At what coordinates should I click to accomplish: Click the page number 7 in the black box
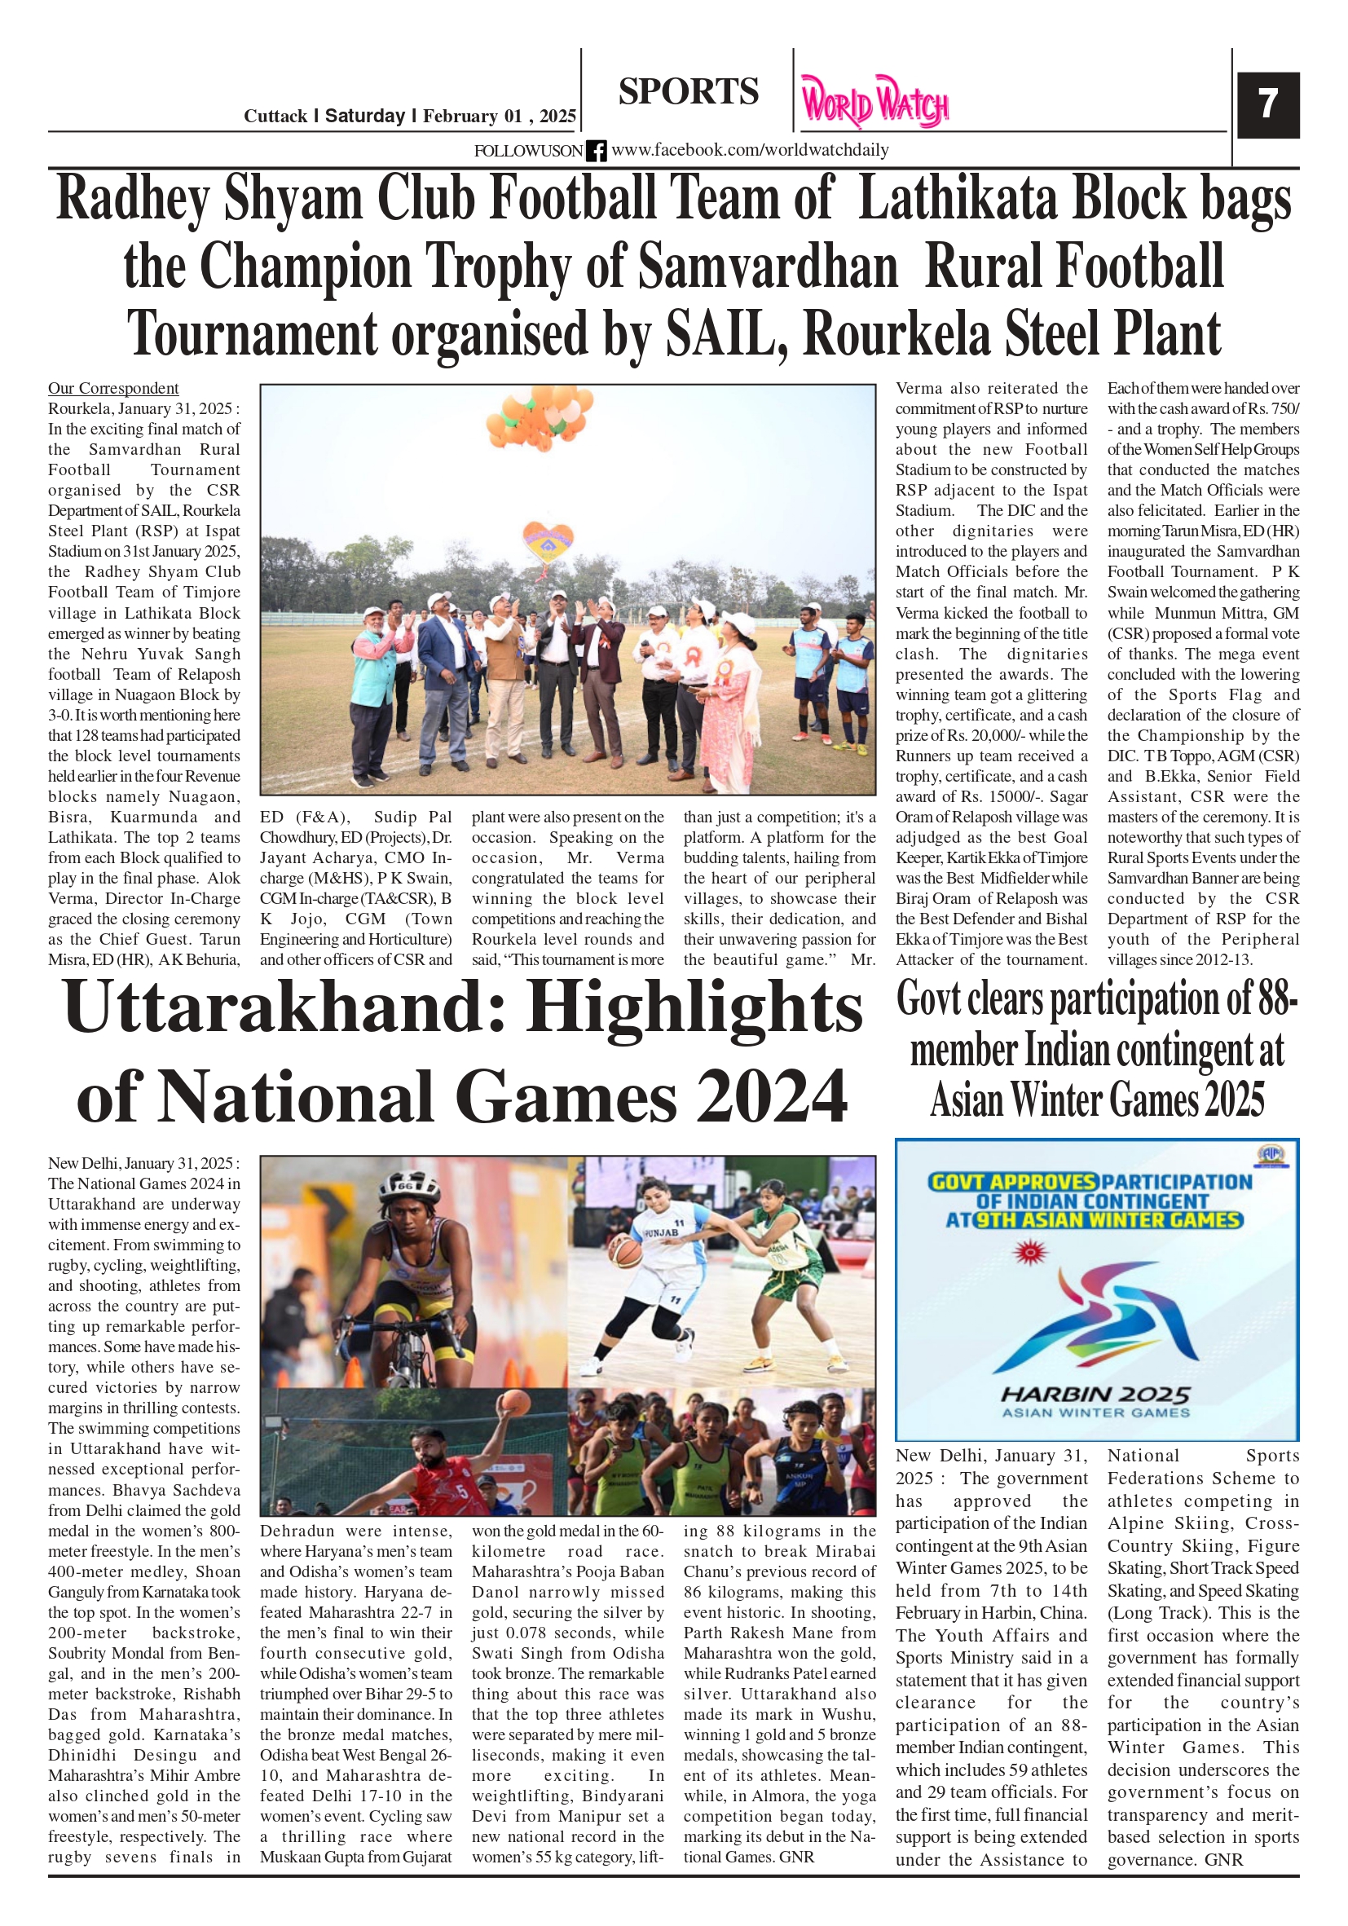point(1267,104)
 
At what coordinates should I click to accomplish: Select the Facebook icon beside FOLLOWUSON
point(596,151)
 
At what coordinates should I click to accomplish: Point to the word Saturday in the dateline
point(365,116)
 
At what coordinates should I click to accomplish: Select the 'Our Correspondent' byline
point(113,389)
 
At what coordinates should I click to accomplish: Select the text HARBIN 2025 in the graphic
point(1095,1394)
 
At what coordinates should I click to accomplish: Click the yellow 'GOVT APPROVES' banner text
point(1012,1182)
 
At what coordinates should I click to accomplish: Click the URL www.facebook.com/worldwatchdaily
point(749,150)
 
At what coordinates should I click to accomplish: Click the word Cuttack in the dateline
point(275,117)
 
